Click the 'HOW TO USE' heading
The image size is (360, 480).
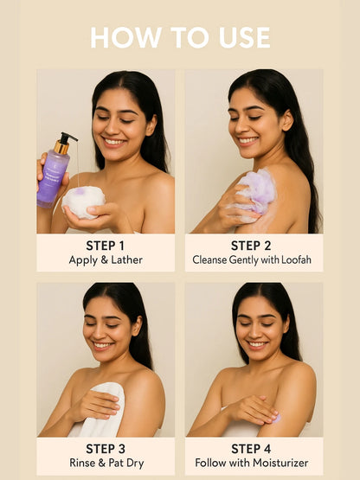click(180, 38)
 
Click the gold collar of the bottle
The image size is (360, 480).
click(62, 147)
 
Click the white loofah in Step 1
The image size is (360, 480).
click(83, 202)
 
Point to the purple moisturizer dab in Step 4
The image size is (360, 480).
click(277, 419)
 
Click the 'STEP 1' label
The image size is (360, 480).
click(105, 246)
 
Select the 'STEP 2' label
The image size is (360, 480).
click(251, 246)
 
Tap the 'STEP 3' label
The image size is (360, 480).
click(106, 449)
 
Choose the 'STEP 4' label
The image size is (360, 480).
click(251, 449)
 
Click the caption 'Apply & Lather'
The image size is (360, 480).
click(106, 260)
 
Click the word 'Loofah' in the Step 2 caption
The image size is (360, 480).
click(296, 260)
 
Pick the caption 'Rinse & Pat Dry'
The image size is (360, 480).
click(106, 464)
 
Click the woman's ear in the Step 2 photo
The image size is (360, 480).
click(287, 120)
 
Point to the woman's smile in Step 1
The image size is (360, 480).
click(114, 142)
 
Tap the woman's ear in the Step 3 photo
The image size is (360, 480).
click(137, 326)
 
